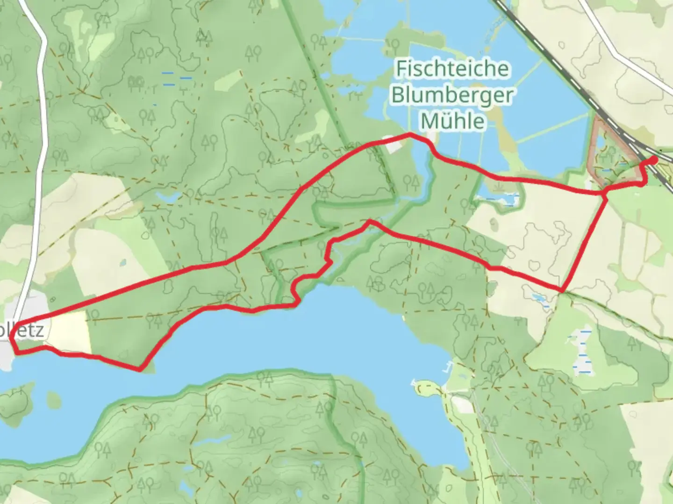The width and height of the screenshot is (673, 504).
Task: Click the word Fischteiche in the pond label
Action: click(452, 69)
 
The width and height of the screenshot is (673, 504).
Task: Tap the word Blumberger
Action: click(452, 95)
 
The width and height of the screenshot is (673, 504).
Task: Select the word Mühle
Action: click(452, 121)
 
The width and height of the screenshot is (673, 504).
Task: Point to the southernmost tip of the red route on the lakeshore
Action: click(140, 370)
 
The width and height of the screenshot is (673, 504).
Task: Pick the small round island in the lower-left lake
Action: click(54, 399)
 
